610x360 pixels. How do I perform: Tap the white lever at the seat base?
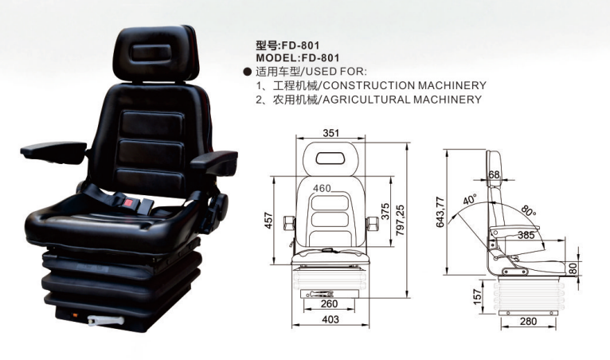click(x=106, y=321)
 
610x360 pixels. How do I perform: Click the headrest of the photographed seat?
click(x=155, y=53)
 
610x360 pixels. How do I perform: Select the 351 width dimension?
click(x=331, y=133)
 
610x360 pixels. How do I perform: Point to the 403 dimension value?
click(x=330, y=319)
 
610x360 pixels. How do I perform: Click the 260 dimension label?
click(x=330, y=304)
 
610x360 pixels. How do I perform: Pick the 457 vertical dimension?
click(x=269, y=221)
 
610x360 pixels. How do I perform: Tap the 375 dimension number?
click(x=385, y=212)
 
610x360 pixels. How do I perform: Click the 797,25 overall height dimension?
click(x=401, y=221)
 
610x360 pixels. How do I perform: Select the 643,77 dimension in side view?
click(x=440, y=212)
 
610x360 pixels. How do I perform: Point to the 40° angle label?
click(x=470, y=200)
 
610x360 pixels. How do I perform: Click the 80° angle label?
click(x=528, y=210)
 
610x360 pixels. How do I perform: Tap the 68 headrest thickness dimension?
click(x=494, y=174)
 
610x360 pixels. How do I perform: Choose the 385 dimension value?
click(x=526, y=235)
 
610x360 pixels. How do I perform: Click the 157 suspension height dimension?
click(x=477, y=296)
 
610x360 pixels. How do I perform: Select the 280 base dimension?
click(x=528, y=322)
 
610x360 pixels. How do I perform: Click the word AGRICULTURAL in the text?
click(x=366, y=100)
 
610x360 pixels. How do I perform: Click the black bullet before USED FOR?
click(x=247, y=72)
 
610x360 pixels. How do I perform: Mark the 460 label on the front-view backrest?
click(x=322, y=189)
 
